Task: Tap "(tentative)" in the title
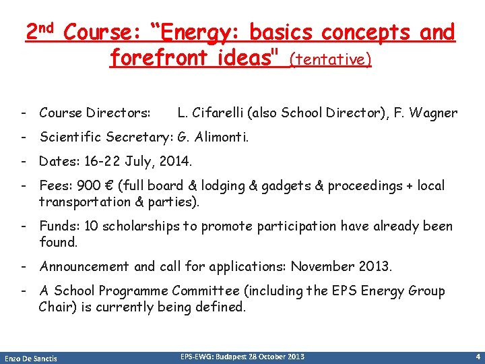coord(330,60)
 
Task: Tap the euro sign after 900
coord(102,186)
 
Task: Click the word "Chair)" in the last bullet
coord(57,307)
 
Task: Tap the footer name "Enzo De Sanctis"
coord(31,358)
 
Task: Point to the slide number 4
coord(477,356)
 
